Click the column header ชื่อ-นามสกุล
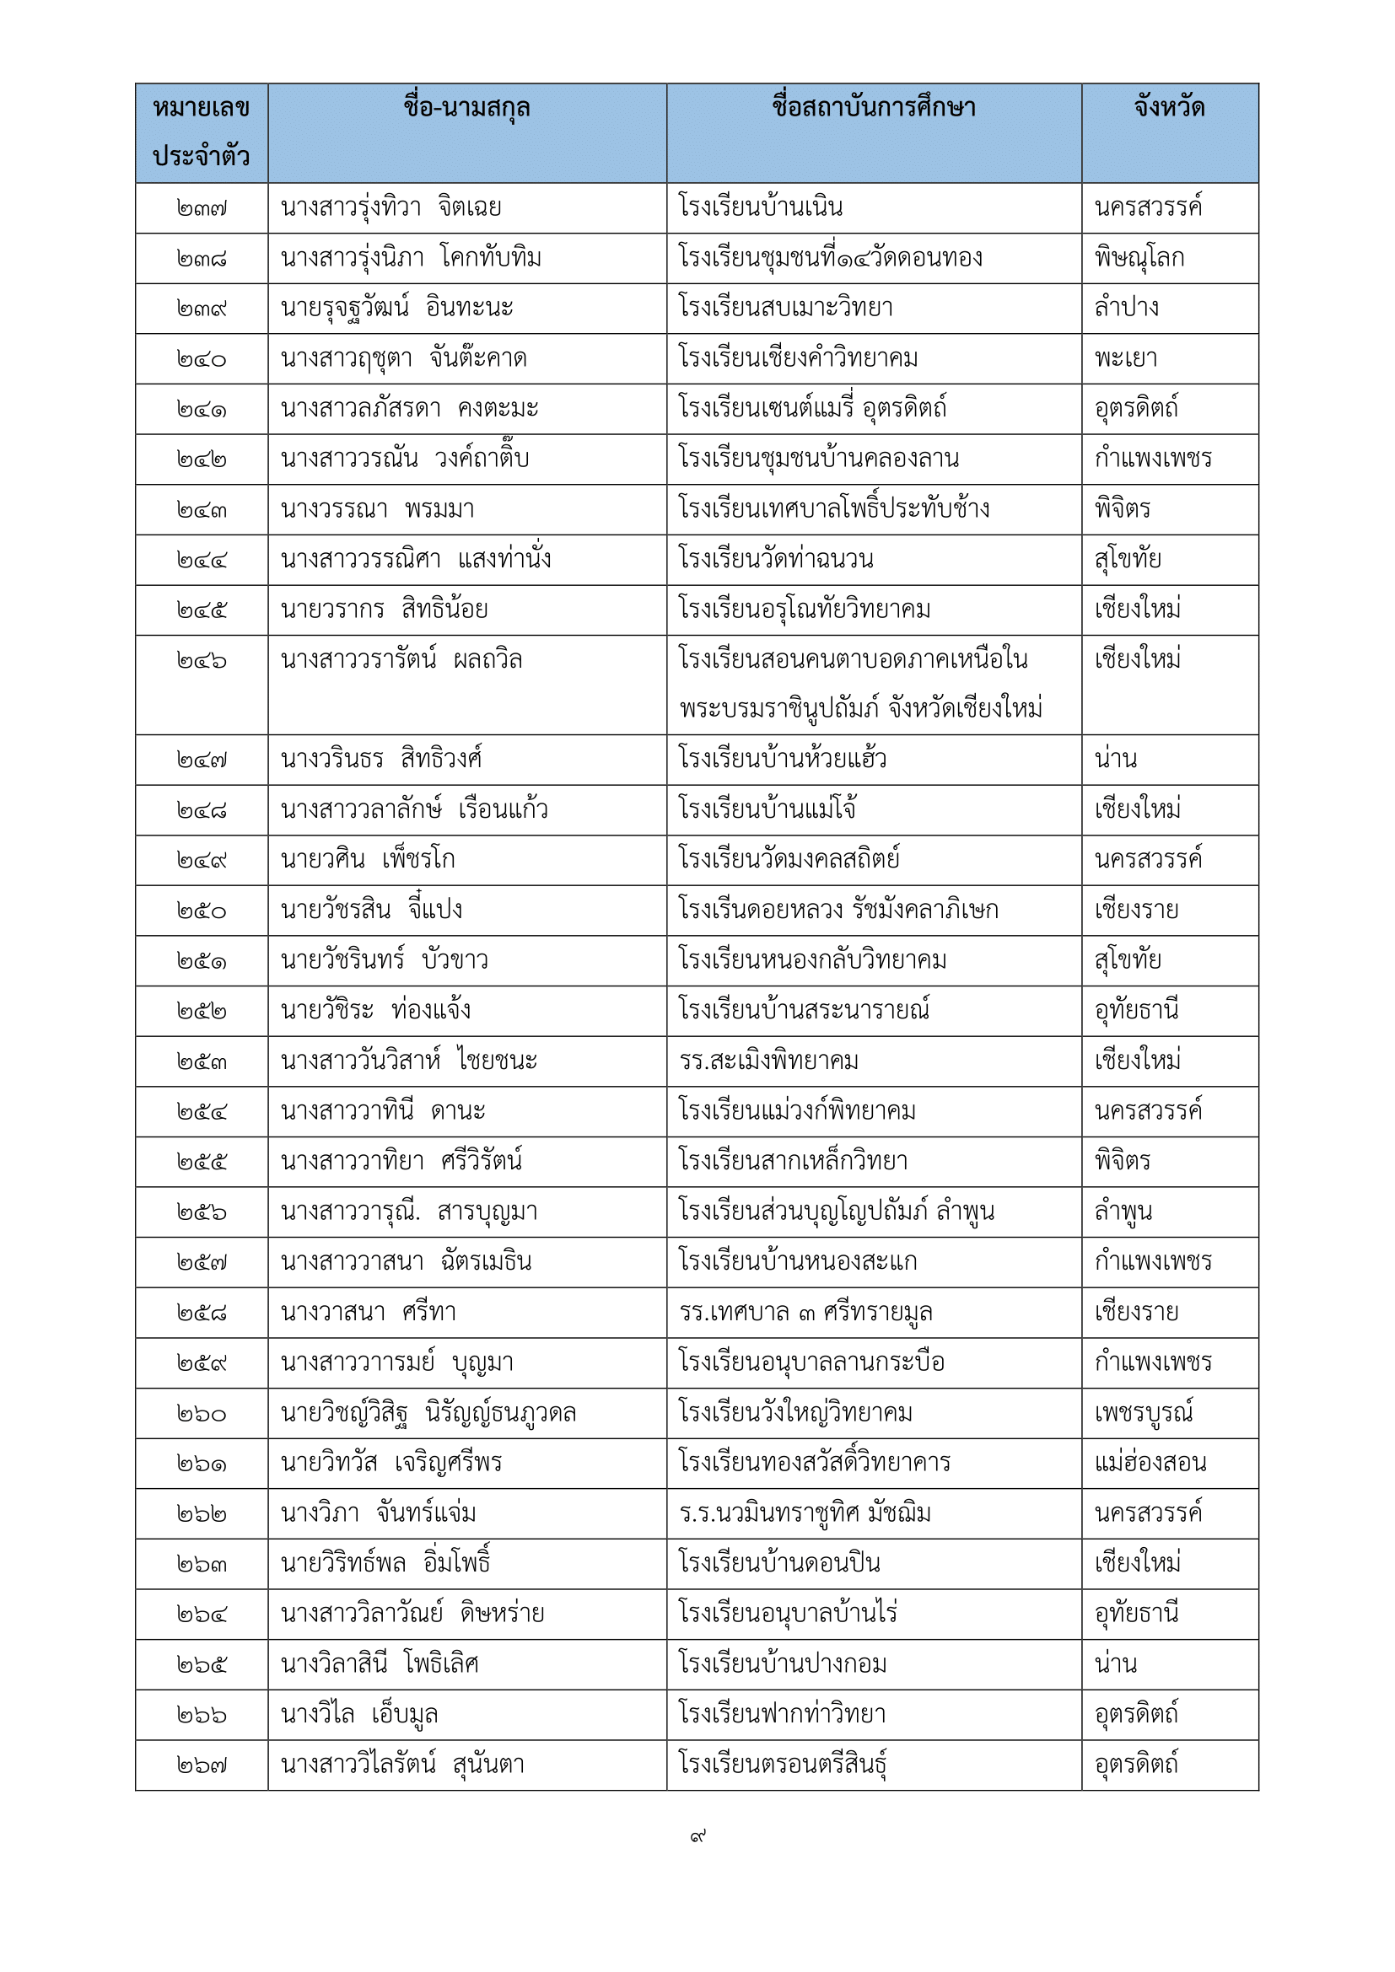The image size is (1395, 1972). [x=466, y=108]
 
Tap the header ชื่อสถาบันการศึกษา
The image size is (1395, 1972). [x=873, y=108]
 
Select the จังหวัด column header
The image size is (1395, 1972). [x=1169, y=108]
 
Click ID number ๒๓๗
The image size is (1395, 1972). [x=201, y=209]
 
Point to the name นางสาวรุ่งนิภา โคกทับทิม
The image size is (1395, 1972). [x=411, y=258]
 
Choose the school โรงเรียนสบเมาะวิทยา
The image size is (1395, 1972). [x=785, y=308]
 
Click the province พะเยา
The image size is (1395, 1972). [x=1125, y=358]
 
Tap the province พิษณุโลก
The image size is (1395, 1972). [x=1138, y=258]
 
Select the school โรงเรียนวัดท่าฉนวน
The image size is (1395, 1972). [x=775, y=559]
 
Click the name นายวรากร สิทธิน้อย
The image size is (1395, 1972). [x=384, y=610]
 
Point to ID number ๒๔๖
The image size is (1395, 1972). [x=201, y=660]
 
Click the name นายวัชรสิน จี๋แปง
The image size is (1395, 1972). [x=371, y=911]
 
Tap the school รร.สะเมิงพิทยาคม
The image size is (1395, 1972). [x=768, y=1061]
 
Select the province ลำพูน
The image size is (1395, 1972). [x=1123, y=1212]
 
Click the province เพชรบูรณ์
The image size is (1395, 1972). [x=1143, y=1413]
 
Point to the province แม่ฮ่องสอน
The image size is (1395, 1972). [x=1150, y=1463]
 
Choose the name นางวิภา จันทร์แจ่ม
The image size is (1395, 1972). [x=378, y=1513]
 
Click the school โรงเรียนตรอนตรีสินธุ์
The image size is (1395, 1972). [x=782, y=1764]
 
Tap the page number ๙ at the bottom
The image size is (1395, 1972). [x=697, y=1836]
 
